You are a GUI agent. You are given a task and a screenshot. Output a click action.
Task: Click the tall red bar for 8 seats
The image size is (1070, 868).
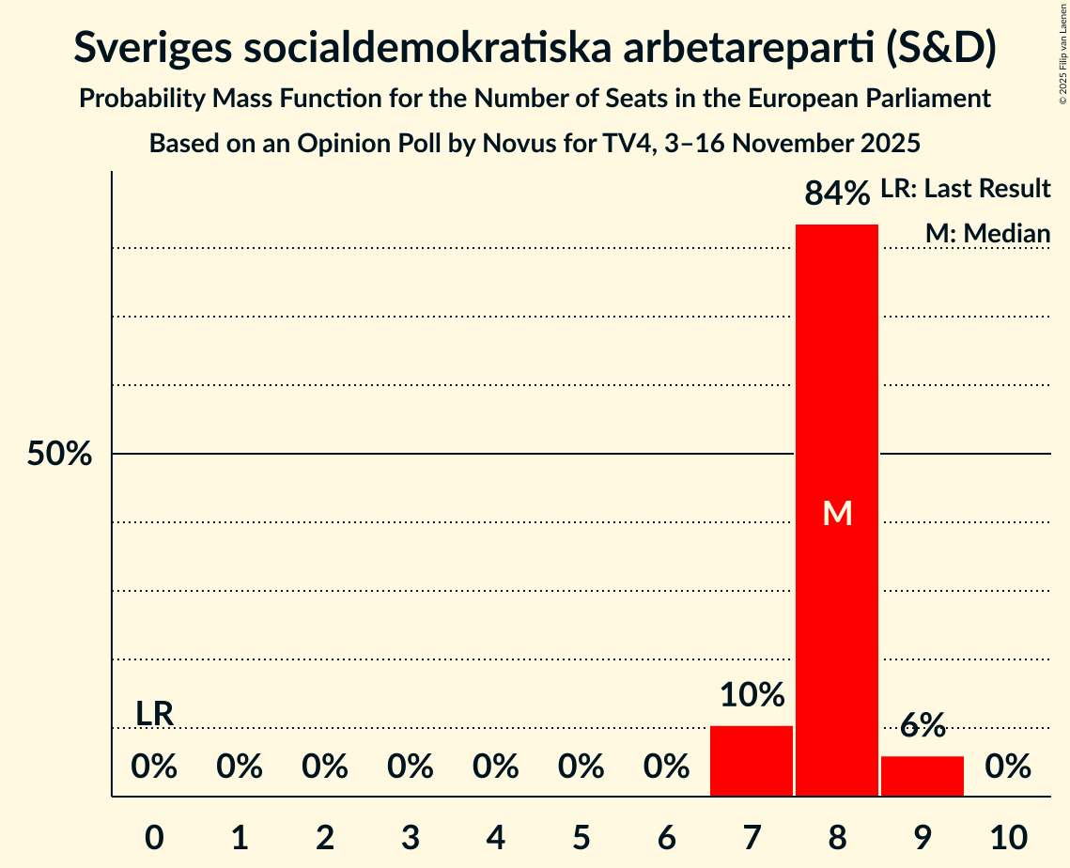[836, 376]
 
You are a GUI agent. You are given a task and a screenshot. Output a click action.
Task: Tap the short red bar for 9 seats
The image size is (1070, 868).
[922, 776]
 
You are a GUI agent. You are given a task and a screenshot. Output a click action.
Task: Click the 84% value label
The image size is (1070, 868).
[837, 194]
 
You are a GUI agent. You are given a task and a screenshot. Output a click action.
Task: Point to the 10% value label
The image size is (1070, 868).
[752, 695]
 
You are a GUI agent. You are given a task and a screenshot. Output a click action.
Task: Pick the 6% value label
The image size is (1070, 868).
[923, 725]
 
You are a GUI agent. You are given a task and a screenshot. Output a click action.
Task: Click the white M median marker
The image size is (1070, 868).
[837, 513]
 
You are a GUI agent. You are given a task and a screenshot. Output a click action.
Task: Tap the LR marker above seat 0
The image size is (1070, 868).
[155, 714]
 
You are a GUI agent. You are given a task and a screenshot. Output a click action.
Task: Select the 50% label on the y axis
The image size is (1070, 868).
[59, 455]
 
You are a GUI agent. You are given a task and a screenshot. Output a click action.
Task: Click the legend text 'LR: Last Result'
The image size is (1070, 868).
[965, 189]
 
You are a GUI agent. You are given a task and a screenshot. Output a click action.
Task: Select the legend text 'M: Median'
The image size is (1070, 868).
[987, 233]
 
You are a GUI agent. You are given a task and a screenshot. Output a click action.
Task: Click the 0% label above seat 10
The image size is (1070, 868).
[1008, 767]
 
